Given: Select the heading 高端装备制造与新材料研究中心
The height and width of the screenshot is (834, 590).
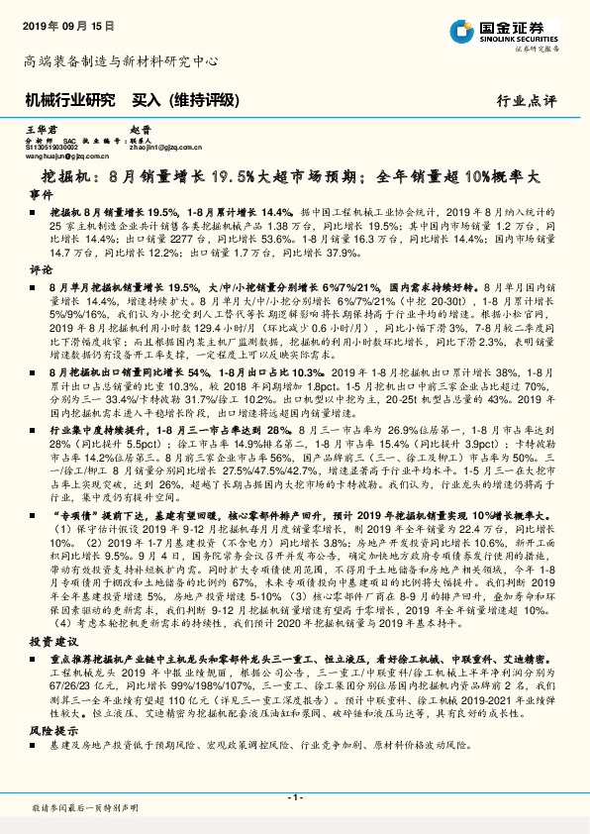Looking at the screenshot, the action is click(x=120, y=60).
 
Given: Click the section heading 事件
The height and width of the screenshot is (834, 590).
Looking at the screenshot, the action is click(x=40, y=195).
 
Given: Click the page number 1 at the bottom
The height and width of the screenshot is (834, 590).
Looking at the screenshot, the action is click(x=294, y=796).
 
